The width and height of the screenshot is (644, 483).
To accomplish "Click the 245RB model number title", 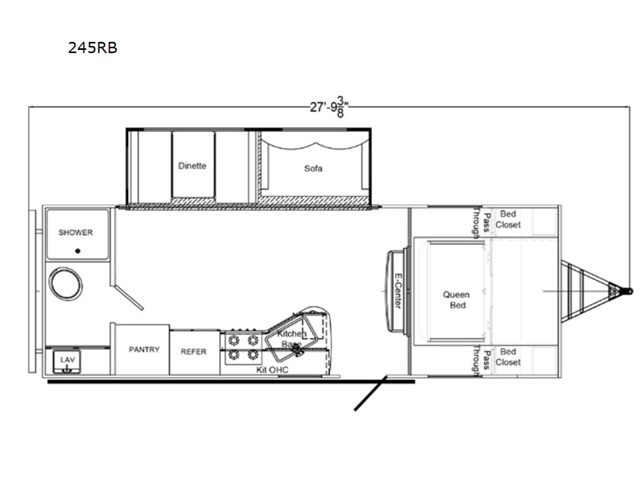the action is coord(93,47).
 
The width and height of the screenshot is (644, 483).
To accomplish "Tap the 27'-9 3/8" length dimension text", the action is coord(329,107).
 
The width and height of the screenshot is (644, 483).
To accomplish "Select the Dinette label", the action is coord(192,166).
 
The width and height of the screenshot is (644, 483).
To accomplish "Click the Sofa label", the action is coord(313,168).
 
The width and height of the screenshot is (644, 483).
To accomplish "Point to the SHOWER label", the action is coord(76,233).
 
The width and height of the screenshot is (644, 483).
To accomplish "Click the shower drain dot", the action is coord(77,251).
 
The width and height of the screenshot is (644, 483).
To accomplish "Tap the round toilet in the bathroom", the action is coord(65,283).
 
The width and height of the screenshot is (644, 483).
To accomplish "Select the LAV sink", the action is coord(67,361).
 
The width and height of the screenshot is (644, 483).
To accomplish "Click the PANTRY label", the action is coord(144,349).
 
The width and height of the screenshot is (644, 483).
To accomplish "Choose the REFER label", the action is coord(193,352).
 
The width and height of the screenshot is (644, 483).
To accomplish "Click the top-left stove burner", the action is coord(233,340).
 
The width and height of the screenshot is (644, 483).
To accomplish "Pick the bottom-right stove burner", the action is coord(253,354).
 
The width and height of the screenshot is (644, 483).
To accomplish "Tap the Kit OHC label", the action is coord(272,369).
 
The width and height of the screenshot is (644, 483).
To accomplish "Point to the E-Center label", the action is coord(398,291).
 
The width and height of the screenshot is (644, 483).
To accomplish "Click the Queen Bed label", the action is coord(456,299).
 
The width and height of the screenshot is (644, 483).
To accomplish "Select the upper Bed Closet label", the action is coord(508,219).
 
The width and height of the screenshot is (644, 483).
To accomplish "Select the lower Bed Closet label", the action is coord(508,357).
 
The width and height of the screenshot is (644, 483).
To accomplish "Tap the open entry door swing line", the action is coord(370,393).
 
